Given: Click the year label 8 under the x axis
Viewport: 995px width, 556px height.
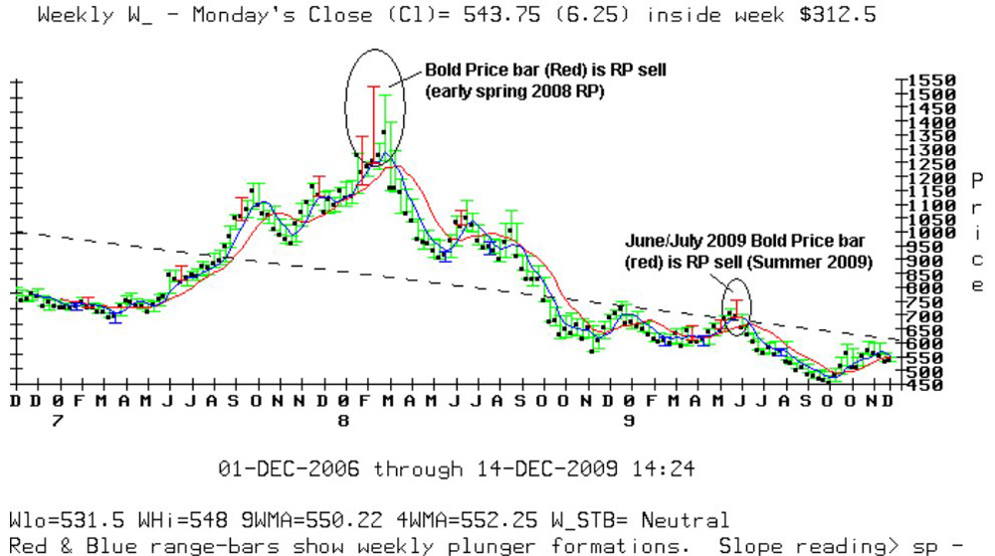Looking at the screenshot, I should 343,421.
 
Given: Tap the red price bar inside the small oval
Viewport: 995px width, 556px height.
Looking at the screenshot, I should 735,308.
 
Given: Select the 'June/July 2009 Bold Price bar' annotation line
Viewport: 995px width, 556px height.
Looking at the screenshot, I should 745,241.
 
